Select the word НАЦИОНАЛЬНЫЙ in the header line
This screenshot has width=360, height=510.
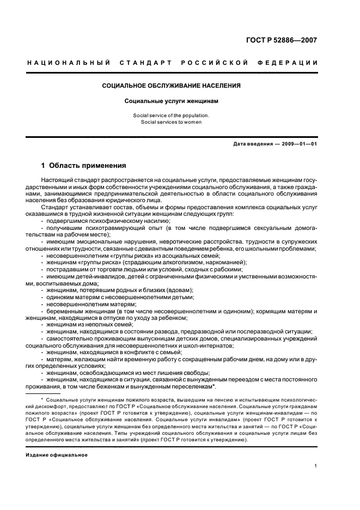pos(67,63)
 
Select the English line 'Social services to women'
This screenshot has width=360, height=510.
pos(172,122)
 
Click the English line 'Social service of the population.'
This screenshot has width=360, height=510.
pos(172,116)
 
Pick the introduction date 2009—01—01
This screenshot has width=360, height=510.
pos(298,143)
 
